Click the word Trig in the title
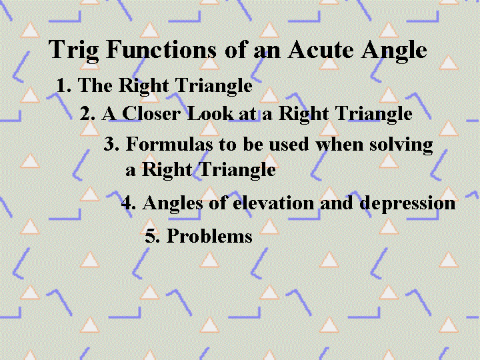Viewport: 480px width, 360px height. (x=73, y=51)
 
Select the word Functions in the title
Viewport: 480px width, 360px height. (x=161, y=49)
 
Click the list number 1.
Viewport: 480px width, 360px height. (x=64, y=85)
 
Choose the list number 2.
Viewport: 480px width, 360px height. (x=87, y=113)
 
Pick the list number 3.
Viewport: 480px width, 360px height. (x=111, y=143)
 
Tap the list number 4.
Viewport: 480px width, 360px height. (x=129, y=203)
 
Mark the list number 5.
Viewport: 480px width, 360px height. (x=153, y=236)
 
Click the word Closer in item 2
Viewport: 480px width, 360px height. (x=151, y=113)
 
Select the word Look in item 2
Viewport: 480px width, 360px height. (x=211, y=113)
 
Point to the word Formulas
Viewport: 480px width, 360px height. (x=169, y=143)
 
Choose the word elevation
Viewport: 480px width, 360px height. (x=273, y=203)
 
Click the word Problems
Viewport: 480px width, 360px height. (x=209, y=236)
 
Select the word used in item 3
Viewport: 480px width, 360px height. (x=289, y=144)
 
